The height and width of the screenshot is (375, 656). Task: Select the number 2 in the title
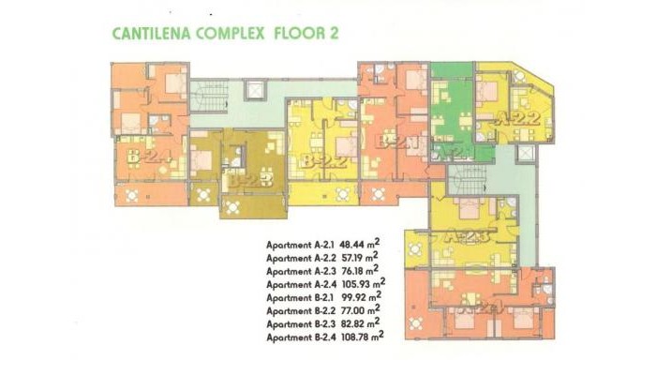tap(333, 35)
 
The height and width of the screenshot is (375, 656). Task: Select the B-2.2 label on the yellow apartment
tap(324, 161)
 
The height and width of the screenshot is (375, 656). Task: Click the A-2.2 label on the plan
tap(515, 119)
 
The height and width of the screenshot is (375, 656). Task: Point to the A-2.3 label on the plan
tap(465, 236)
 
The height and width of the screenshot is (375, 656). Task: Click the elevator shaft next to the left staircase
tap(254, 91)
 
